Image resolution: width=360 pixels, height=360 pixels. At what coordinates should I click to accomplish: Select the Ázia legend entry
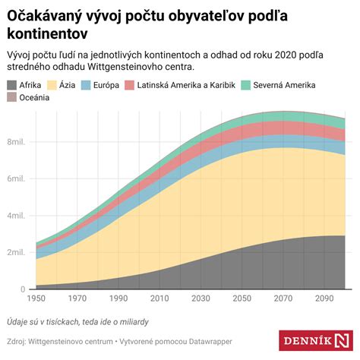[x=65, y=86]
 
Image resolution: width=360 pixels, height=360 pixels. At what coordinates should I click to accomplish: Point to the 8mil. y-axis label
[x=17, y=142]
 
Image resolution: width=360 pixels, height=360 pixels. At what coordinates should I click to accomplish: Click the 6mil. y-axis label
[x=17, y=178]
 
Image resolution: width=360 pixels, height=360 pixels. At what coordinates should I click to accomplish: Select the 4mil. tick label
[x=17, y=216]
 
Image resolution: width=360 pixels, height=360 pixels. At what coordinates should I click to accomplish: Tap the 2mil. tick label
[x=17, y=252]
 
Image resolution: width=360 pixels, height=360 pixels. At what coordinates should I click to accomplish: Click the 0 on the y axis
[x=24, y=289]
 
